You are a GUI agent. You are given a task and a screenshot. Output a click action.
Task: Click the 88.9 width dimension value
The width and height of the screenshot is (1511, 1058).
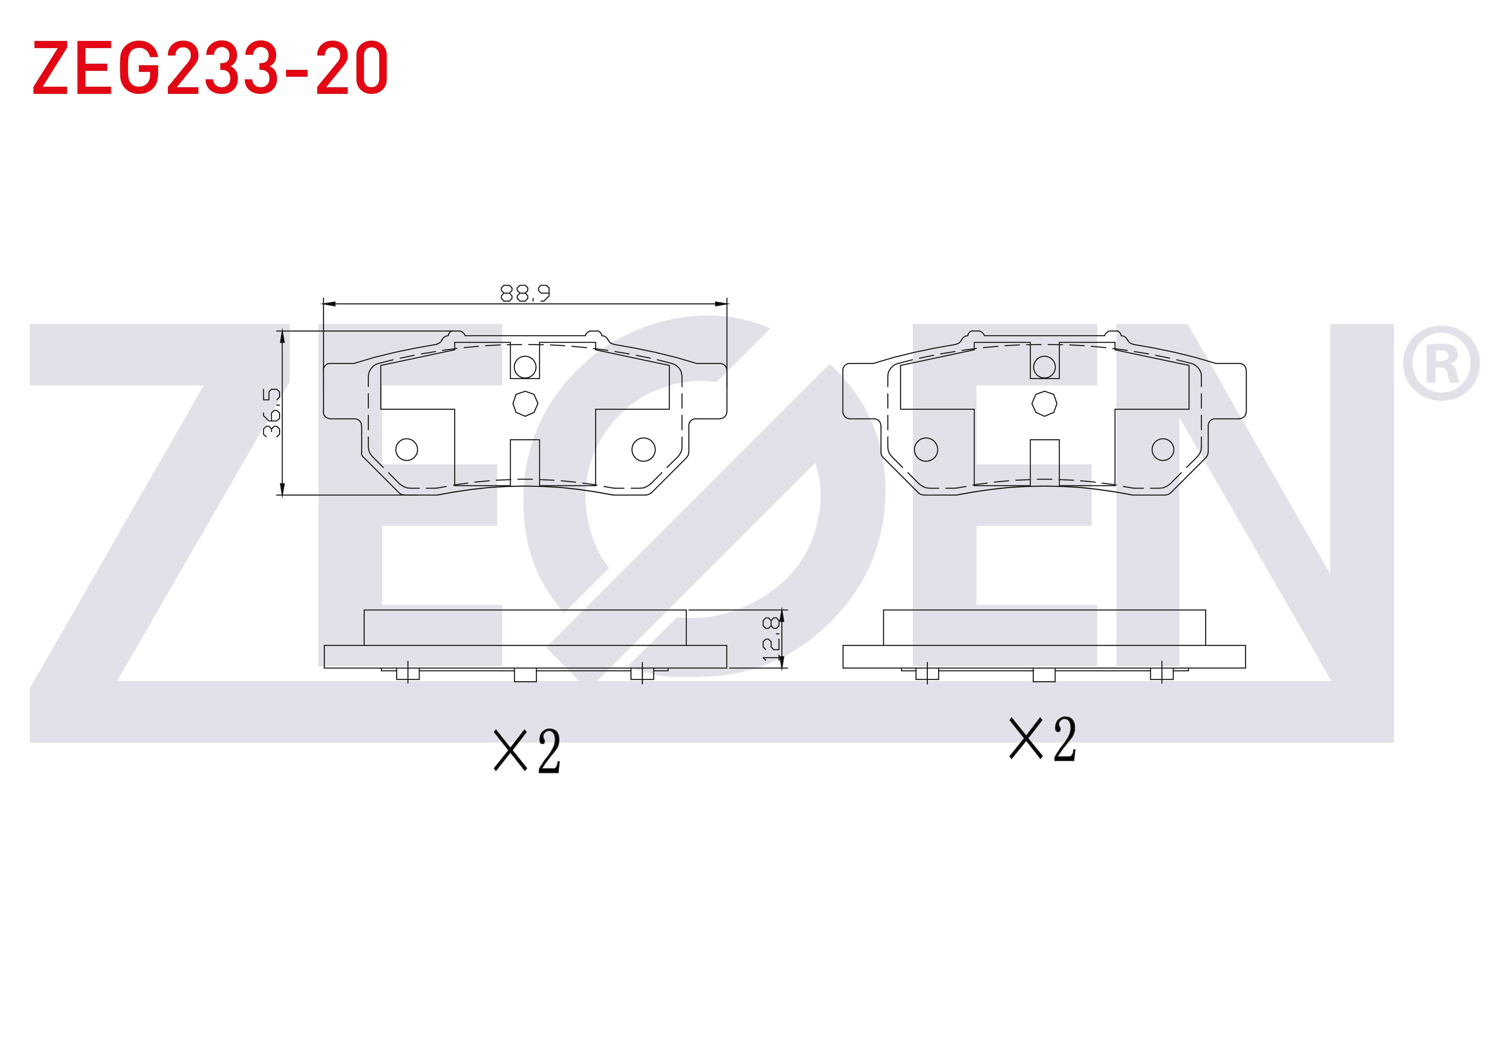[x=525, y=293]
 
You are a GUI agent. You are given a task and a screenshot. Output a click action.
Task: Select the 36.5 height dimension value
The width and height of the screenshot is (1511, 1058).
[x=272, y=412]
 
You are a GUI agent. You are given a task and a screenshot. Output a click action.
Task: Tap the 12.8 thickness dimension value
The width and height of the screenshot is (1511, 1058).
[x=771, y=639]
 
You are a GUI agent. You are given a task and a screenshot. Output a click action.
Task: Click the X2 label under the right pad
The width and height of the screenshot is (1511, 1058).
[x=1043, y=739]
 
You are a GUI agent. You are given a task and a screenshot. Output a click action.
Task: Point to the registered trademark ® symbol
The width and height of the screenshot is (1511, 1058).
[x=1441, y=363]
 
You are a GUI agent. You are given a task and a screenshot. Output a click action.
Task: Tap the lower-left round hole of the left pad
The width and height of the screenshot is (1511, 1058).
[x=407, y=450]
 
